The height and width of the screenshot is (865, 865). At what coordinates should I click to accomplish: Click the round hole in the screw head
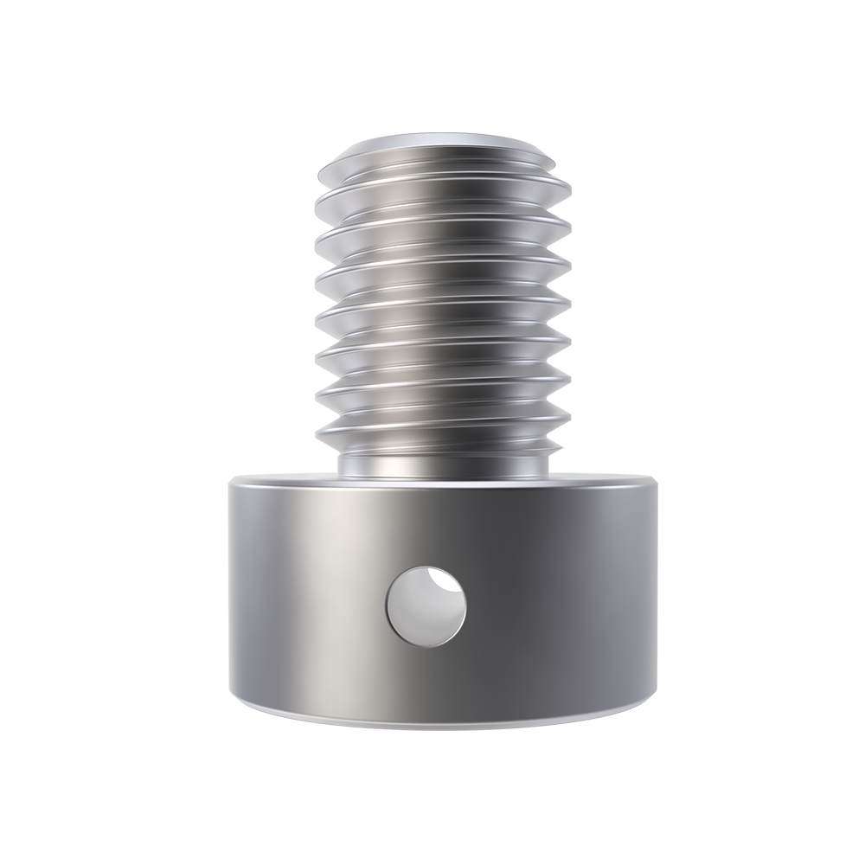426,605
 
